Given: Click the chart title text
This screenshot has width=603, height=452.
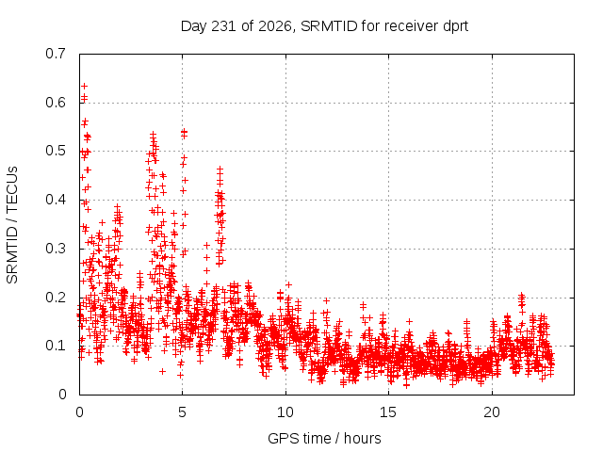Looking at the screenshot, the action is (x=324, y=26).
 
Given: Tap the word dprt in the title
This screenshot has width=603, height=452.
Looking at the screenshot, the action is (x=456, y=26).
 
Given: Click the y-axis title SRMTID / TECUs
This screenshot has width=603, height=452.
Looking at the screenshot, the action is (x=12, y=225).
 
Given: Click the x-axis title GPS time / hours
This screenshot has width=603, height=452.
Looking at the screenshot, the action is (x=324, y=438).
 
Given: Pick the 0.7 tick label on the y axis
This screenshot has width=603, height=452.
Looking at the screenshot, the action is (x=56, y=54).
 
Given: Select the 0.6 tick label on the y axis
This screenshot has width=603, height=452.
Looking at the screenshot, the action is (x=56, y=103).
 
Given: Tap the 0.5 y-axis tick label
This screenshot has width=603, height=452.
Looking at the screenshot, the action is (x=56, y=151).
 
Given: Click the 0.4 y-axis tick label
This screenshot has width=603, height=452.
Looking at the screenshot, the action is (x=56, y=200).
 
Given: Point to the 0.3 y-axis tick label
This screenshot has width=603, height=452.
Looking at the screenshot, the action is (x=56, y=249).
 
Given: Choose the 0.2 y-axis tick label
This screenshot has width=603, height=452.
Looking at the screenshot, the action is (x=56, y=298).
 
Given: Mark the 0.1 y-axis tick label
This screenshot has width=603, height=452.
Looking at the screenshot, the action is (x=56, y=346).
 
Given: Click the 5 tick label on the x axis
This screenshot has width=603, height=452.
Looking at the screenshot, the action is (x=182, y=412).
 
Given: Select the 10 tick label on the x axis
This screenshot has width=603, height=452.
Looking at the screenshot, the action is (x=285, y=412).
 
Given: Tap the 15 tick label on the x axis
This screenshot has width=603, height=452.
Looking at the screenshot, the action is (x=388, y=412).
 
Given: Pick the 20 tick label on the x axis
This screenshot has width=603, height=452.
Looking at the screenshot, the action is (x=492, y=412).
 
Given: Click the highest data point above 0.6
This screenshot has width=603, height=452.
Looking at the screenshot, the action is (x=84, y=86).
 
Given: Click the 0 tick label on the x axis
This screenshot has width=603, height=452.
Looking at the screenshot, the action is (x=79, y=412).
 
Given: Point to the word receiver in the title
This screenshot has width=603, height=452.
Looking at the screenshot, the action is (x=411, y=26).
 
